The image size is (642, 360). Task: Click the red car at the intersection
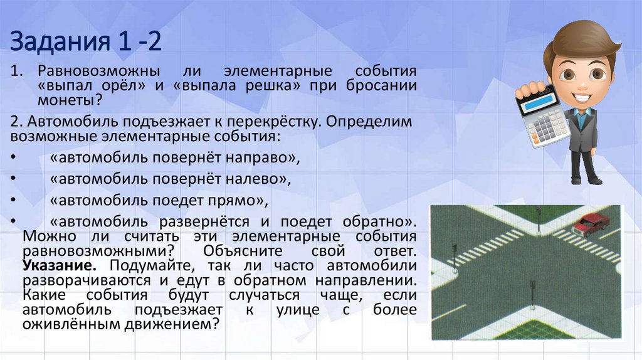(x=591, y=223)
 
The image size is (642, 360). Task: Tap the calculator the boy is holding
(x=543, y=113)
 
